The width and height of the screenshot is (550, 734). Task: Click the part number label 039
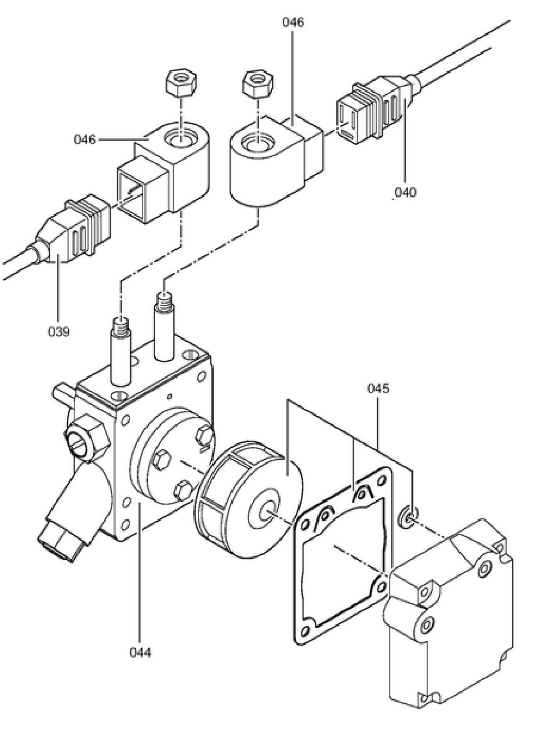point(59,332)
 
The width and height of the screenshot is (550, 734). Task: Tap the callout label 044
point(140,651)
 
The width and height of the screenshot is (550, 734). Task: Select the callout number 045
point(378,388)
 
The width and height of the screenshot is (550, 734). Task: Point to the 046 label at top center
point(293,23)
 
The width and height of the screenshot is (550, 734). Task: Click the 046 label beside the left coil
point(85,139)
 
